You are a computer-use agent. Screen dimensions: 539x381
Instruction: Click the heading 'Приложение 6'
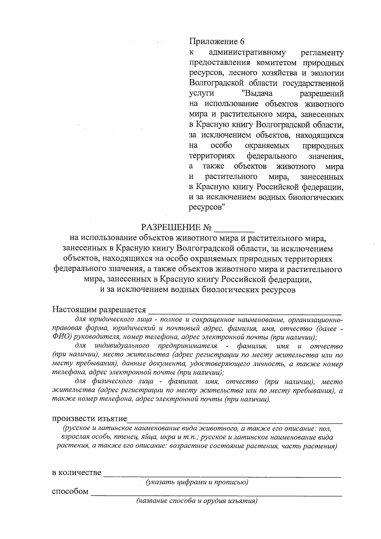click(217, 42)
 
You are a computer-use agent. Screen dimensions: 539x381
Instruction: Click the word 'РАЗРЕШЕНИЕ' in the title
click(171, 228)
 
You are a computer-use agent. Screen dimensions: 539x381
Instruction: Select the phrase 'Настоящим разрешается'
click(99, 309)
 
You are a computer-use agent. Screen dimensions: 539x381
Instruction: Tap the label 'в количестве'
click(77, 472)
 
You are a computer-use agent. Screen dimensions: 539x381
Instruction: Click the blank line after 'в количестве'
click(222, 475)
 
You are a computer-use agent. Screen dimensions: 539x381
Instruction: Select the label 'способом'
click(70, 491)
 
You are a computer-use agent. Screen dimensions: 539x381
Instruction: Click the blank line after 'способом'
click(216, 494)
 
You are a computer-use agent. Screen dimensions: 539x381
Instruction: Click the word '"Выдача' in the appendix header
click(257, 94)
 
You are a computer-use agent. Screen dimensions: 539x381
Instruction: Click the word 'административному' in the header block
click(247, 52)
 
